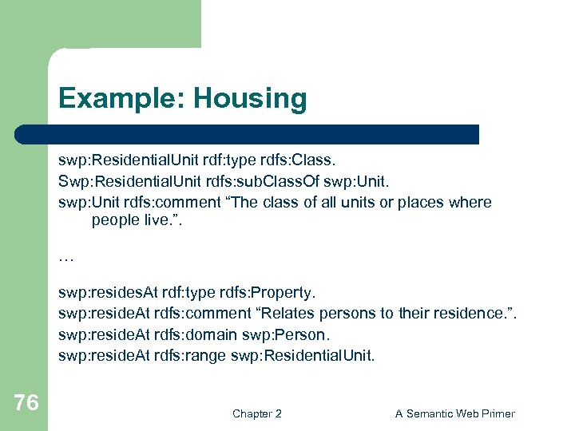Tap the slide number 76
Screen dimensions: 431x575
pyautogui.click(x=26, y=403)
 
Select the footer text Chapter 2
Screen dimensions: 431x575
pyautogui.click(x=256, y=413)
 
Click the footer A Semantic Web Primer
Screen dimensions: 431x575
pyautogui.click(x=455, y=413)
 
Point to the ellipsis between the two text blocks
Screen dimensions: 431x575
pyautogui.click(x=65, y=257)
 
